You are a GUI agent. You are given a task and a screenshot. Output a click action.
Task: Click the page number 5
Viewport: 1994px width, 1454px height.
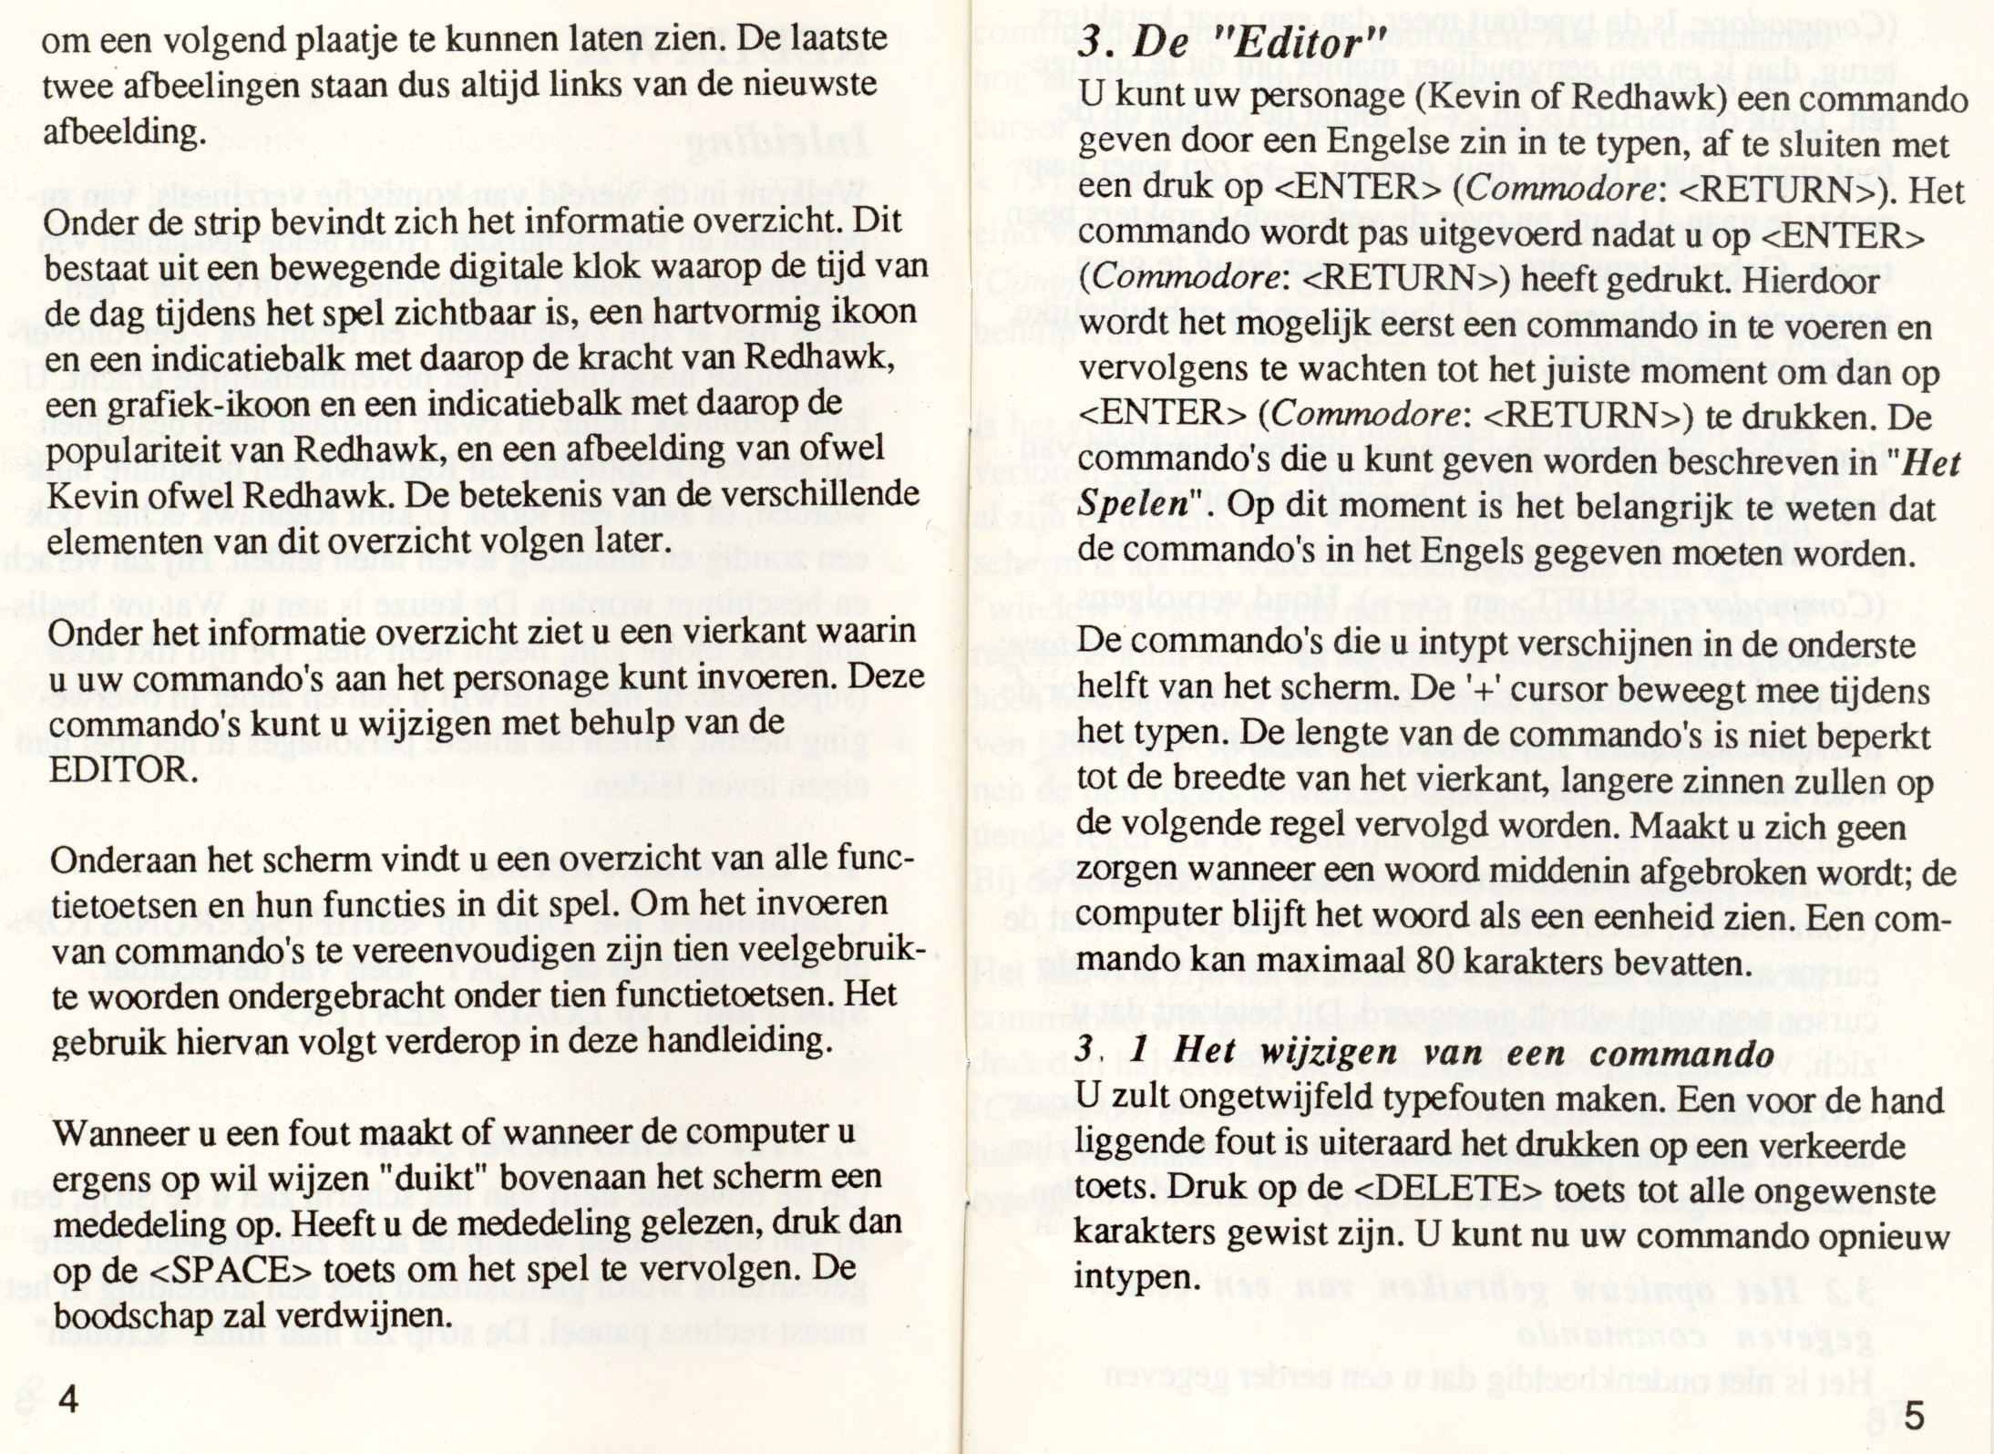[x=1914, y=1418]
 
